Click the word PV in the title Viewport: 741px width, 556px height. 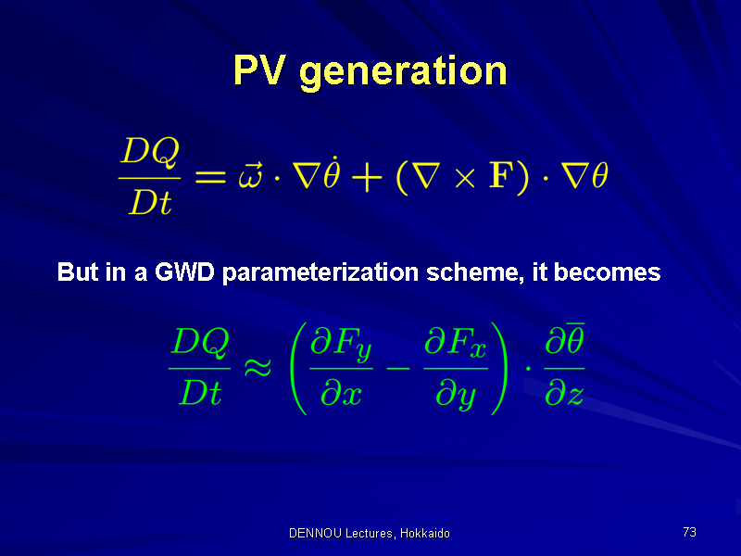[x=259, y=70]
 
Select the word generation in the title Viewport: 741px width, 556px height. [x=403, y=73]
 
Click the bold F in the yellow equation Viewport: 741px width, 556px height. [x=501, y=175]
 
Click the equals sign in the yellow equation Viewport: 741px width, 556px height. [x=211, y=177]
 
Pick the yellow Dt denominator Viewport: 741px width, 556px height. [x=150, y=202]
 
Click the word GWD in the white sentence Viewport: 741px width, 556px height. [x=184, y=272]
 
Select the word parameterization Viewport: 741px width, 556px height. [x=320, y=273]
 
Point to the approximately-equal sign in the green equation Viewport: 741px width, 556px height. [x=257, y=366]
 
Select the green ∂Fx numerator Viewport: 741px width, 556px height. [x=455, y=343]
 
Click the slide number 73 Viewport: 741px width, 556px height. [x=689, y=532]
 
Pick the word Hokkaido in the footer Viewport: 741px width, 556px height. [x=425, y=533]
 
